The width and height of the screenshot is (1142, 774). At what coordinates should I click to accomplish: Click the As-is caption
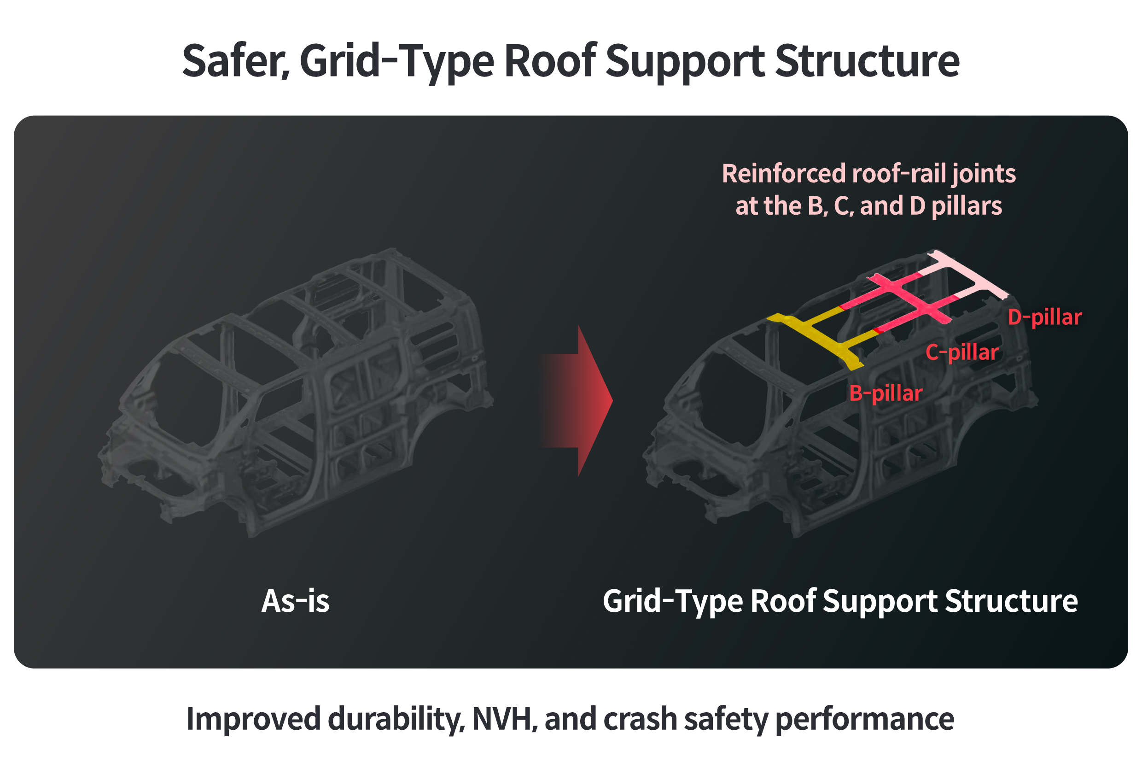295,601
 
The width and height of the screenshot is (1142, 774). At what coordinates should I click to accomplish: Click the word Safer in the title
234,61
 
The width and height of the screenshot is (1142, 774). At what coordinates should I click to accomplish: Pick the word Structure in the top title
866,61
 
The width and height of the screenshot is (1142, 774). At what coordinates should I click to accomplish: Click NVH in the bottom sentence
501,719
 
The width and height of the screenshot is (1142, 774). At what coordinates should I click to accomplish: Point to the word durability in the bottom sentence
395,719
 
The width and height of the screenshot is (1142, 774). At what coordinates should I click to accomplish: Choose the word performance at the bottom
864,719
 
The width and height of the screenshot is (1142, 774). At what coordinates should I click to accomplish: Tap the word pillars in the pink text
967,205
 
